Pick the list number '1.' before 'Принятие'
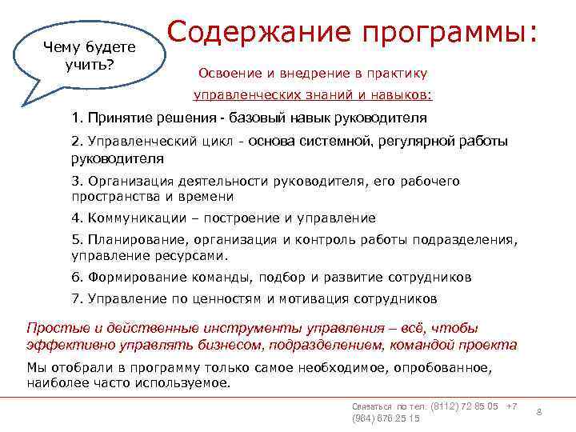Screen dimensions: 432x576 point(77,119)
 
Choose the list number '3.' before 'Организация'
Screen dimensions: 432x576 point(77,181)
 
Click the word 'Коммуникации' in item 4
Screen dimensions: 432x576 point(132,218)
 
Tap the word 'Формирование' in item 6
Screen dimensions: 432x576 point(130,278)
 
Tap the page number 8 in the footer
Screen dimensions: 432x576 point(538,411)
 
